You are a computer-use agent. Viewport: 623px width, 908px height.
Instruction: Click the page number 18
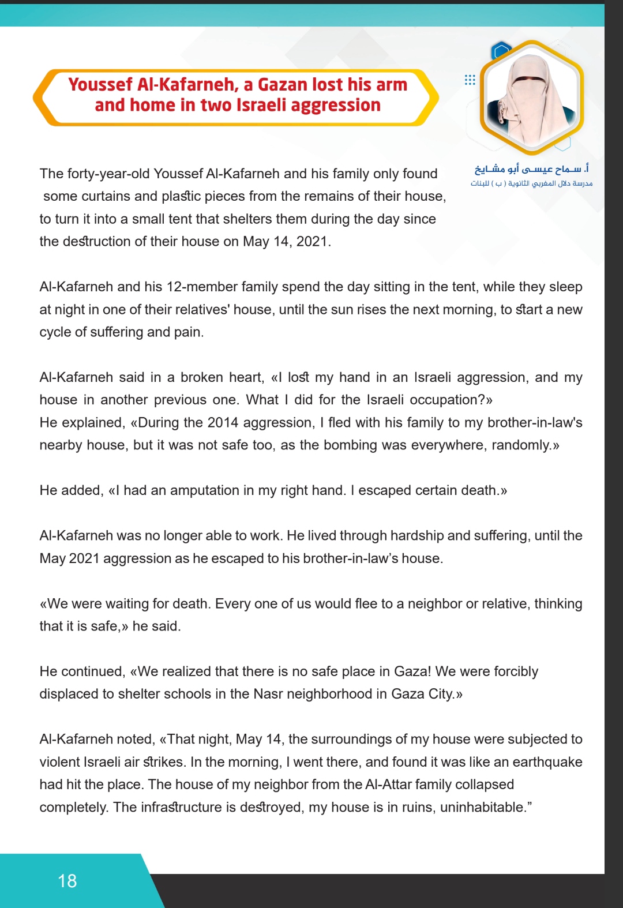pos(67,881)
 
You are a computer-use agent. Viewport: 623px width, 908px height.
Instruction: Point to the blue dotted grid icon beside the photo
pos(470,80)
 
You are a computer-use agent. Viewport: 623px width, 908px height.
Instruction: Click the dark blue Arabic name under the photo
pos(531,168)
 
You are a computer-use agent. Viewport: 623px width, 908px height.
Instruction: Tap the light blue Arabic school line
pos(531,183)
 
